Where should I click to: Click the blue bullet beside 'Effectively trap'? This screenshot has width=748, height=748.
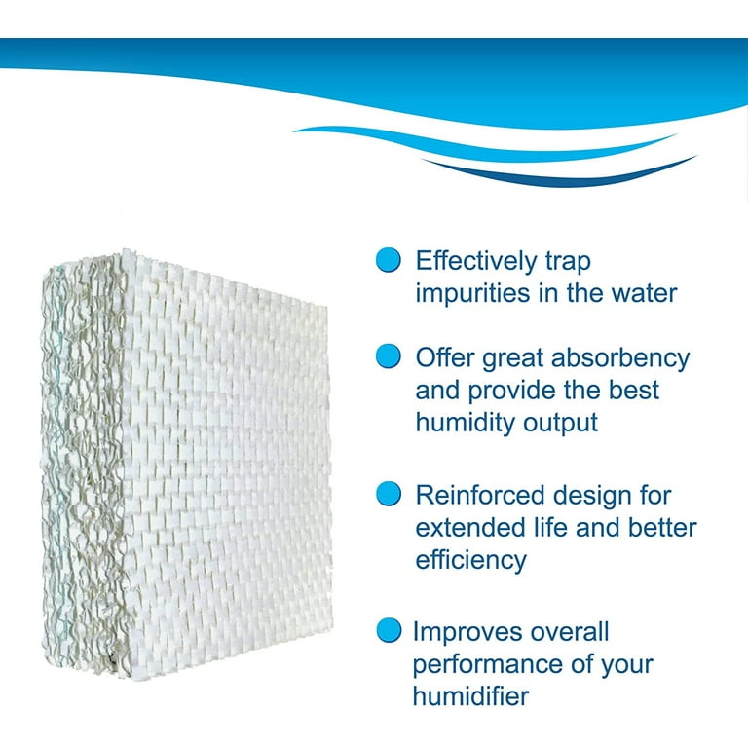[388, 260]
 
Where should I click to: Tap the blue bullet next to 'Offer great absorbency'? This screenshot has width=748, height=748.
[388, 355]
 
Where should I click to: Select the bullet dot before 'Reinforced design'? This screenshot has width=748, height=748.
[388, 493]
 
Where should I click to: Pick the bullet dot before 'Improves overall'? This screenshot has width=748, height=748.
[389, 630]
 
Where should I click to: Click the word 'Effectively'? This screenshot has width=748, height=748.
[476, 261]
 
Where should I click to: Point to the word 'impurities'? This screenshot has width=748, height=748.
[472, 293]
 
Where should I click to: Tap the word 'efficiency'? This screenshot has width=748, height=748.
[470, 561]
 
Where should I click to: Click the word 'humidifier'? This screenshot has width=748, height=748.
[470, 695]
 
